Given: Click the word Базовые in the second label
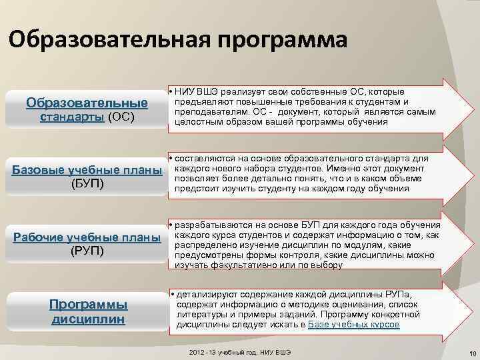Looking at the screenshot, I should (39, 170).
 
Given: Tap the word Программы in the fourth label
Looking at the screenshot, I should (89, 304).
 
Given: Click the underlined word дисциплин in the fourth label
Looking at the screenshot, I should (89, 319).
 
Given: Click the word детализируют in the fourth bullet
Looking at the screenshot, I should (207, 294).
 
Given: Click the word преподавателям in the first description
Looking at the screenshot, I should (210, 111).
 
